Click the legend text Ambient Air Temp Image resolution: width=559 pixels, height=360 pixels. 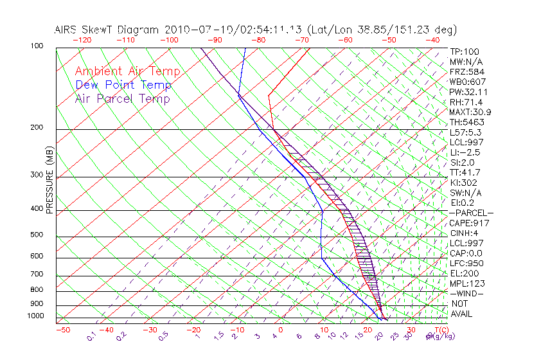click(x=127, y=71)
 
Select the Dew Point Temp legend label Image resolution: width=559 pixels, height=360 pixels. click(x=123, y=85)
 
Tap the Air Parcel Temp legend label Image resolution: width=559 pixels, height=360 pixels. click(x=123, y=98)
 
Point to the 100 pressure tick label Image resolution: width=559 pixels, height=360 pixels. click(x=37, y=46)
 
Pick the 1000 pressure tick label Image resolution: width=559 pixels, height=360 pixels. click(x=35, y=316)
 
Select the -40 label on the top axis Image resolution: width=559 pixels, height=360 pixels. click(x=433, y=40)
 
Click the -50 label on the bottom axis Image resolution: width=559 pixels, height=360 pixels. click(x=62, y=330)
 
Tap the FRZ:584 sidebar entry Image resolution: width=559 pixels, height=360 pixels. click(x=465, y=71)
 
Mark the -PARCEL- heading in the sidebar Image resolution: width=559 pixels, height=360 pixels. click(x=471, y=213)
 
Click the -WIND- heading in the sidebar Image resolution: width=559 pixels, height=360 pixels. click(x=467, y=293)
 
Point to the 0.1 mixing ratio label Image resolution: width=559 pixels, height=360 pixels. click(x=91, y=335)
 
